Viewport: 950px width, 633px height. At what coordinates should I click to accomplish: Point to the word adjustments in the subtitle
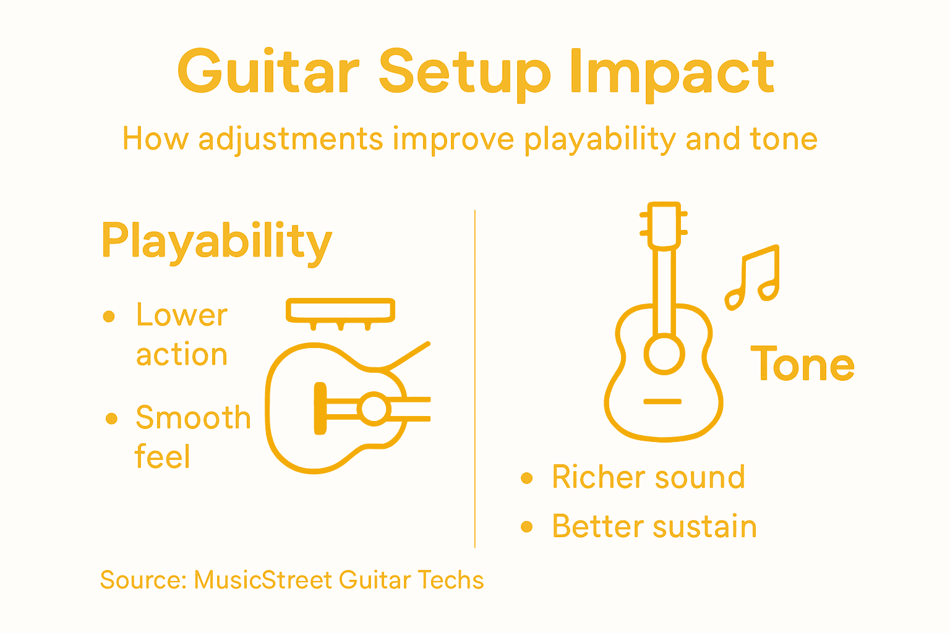point(290,140)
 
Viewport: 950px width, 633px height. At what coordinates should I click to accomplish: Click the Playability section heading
point(216,242)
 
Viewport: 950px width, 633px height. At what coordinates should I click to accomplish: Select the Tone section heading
point(802,365)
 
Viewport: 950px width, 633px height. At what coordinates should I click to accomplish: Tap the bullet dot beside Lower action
point(109,316)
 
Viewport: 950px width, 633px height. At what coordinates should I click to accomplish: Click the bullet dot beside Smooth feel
point(111,418)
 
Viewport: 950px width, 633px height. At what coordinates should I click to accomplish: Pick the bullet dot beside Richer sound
point(527,478)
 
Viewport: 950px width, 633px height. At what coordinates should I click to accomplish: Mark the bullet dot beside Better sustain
point(527,527)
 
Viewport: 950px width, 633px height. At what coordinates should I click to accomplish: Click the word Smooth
point(193,418)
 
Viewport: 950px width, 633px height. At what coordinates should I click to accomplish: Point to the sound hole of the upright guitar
point(664,355)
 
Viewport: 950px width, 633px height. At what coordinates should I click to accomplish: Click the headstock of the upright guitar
point(664,225)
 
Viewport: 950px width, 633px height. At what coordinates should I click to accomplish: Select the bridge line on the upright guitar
point(662,402)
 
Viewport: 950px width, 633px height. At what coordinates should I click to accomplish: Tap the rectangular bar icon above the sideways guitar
point(340,310)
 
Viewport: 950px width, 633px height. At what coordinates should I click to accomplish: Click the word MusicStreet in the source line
point(263,580)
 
